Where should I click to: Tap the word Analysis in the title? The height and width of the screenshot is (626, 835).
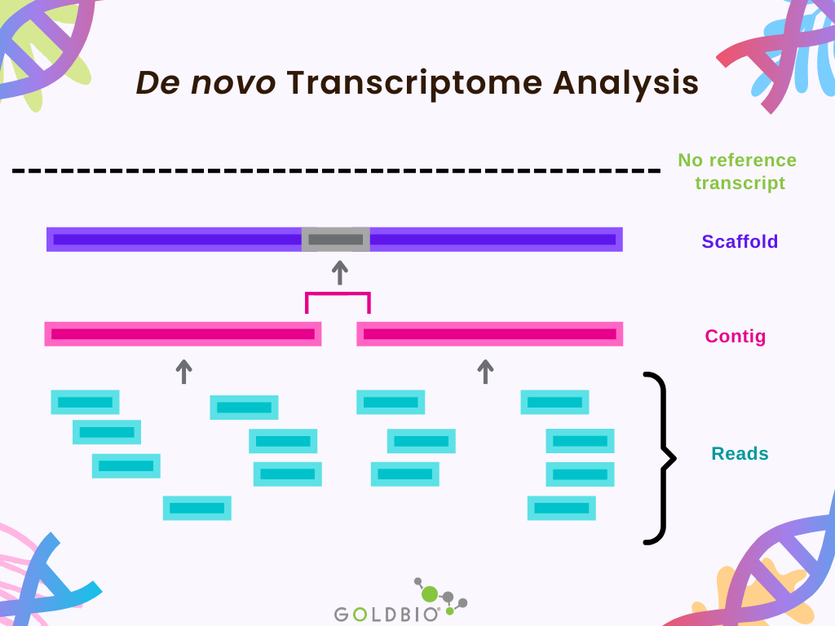626,83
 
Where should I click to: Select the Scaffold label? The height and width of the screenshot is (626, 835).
740,241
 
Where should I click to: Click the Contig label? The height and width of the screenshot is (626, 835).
736,336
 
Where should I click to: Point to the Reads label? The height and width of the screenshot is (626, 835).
740,453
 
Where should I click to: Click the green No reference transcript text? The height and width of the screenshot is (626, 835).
737,171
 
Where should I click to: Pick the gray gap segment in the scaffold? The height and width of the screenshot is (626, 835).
336,240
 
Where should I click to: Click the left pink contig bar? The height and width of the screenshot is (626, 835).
183,334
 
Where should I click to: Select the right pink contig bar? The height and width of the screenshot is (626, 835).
489,334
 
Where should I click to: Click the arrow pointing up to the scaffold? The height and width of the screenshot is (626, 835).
340,272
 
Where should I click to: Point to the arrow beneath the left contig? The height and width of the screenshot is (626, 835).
184,372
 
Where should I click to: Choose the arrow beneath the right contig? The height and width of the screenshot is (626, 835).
486,372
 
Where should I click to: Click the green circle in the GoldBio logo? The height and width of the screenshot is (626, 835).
430,594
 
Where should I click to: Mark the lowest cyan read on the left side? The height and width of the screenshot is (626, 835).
197,508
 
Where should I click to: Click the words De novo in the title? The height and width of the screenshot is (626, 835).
205,83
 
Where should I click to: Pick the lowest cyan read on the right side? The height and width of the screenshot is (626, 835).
562,508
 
